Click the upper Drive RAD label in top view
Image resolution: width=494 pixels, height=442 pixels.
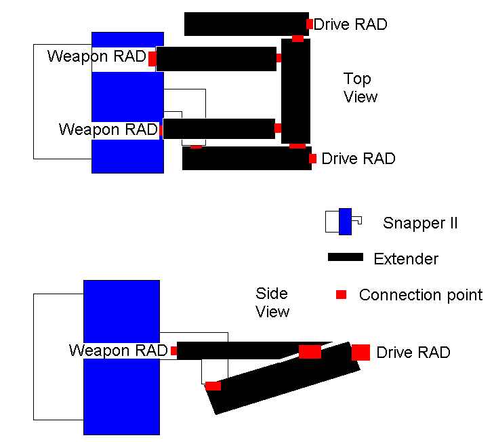[x=350, y=24]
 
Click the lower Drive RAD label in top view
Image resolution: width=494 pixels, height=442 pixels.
[x=358, y=159]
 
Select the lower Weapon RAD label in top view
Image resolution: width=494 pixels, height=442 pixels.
[x=108, y=129]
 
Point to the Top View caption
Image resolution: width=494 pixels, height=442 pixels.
[x=359, y=88]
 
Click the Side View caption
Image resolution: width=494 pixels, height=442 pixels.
[x=272, y=302]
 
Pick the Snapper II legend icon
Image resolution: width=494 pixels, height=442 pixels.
[x=344, y=222]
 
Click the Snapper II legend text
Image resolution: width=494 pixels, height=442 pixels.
[x=420, y=222]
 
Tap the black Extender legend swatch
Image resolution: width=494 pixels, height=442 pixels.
[x=346, y=258]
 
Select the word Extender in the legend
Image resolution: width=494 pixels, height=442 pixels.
[x=406, y=258]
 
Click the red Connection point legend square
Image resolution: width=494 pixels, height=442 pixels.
[x=342, y=294]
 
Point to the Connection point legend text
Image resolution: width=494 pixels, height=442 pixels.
[x=420, y=295]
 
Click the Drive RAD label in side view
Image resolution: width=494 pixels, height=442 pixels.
[x=413, y=353]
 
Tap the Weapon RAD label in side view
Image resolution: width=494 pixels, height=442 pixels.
[x=118, y=350]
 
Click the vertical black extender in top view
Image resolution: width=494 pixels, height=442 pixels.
[x=296, y=91]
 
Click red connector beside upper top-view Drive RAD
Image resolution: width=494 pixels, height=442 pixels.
[x=310, y=24]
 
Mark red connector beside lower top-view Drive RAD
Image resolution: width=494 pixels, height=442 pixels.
[x=312, y=159]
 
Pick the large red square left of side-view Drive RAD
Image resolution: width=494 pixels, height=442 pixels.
[x=361, y=353]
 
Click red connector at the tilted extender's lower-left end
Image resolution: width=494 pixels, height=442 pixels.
[x=213, y=386]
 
